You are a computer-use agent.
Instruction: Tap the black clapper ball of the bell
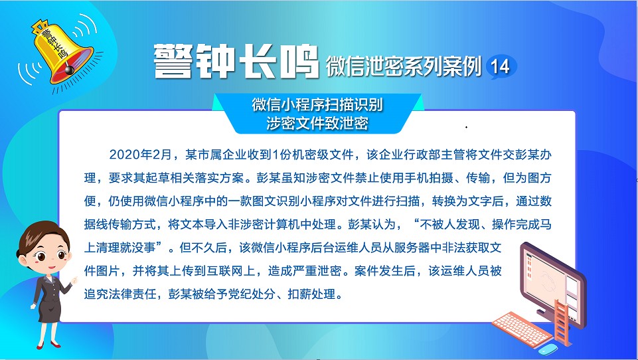[69, 69]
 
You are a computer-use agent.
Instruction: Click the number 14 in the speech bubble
[500, 66]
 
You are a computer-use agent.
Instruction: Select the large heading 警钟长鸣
[236, 61]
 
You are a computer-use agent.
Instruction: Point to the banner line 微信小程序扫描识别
[317, 105]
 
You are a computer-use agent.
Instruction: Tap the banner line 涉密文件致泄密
[317, 124]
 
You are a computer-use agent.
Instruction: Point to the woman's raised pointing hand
[74, 280]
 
